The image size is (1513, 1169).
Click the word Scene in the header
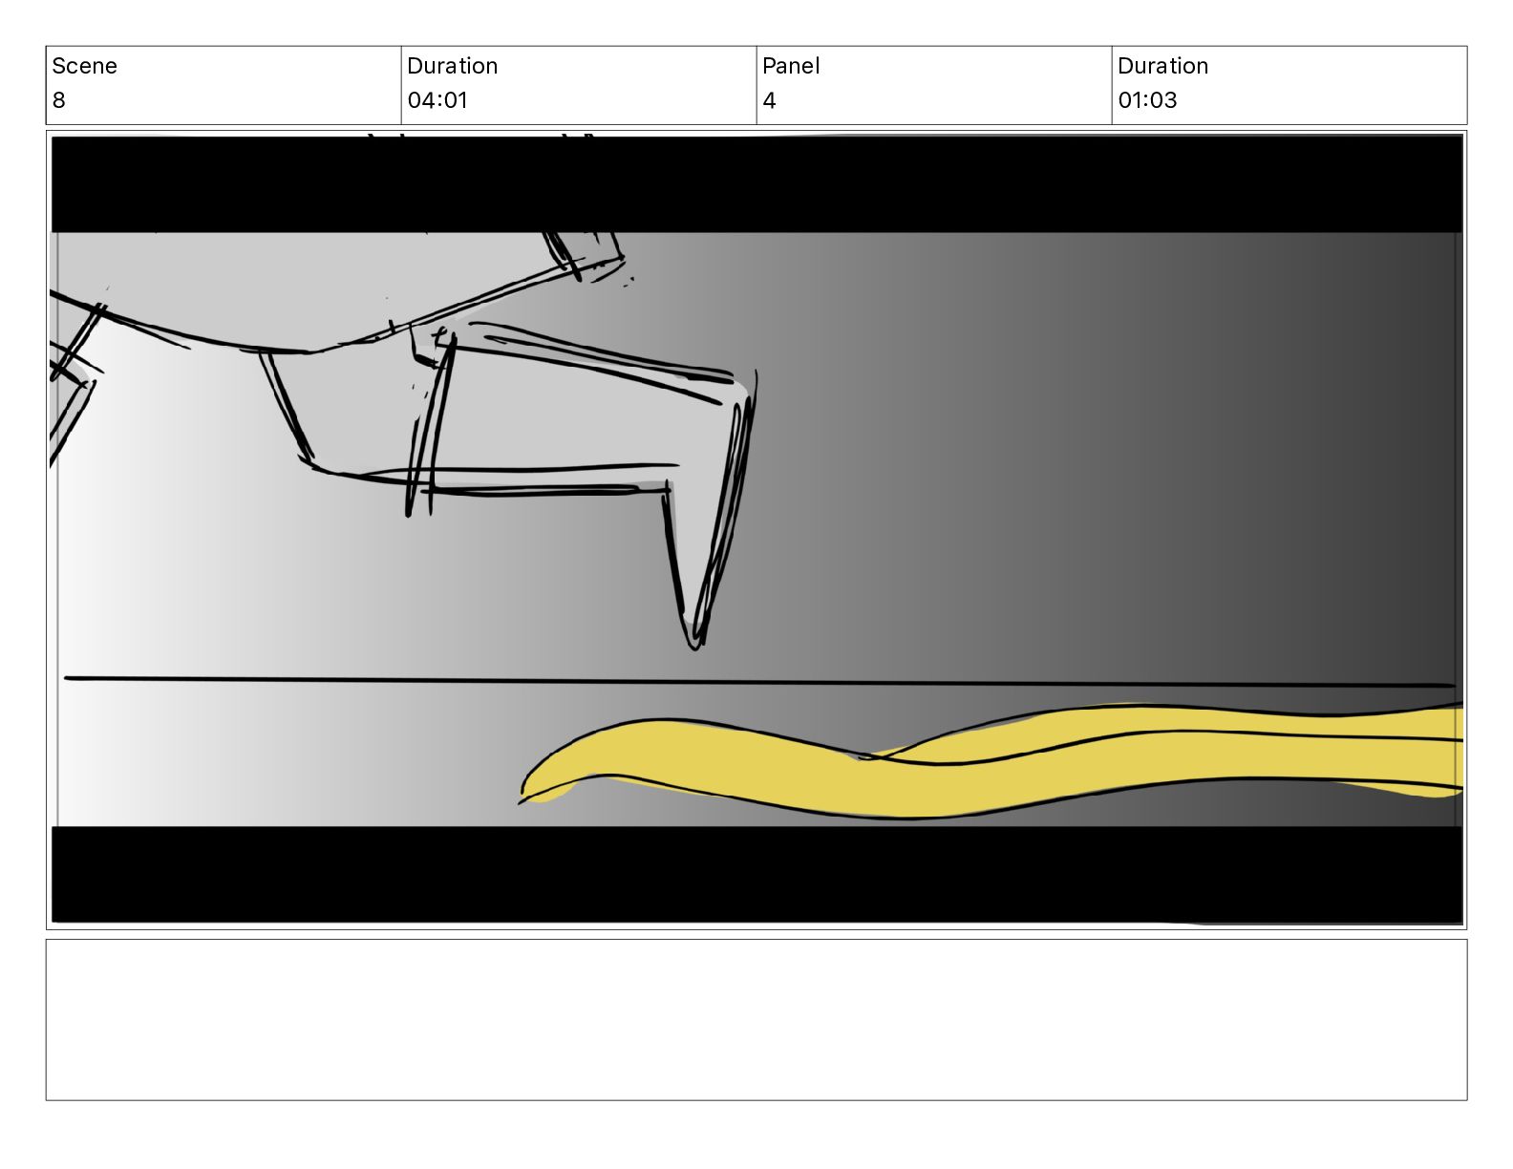tap(84, 66)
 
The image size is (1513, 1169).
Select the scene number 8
tap(58, 100)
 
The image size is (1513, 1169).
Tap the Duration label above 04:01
tap(452, 66)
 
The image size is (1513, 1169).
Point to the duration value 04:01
tap(437, 100)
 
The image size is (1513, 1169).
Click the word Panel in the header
tap(791, 66)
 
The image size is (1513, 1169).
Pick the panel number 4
tap(769, 100)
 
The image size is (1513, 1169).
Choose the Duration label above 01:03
tap(1162, 66)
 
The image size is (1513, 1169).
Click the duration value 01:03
tap(1147, 100)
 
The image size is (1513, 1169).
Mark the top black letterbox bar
tap(756, 184)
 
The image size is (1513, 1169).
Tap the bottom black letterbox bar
tap(756, 875)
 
